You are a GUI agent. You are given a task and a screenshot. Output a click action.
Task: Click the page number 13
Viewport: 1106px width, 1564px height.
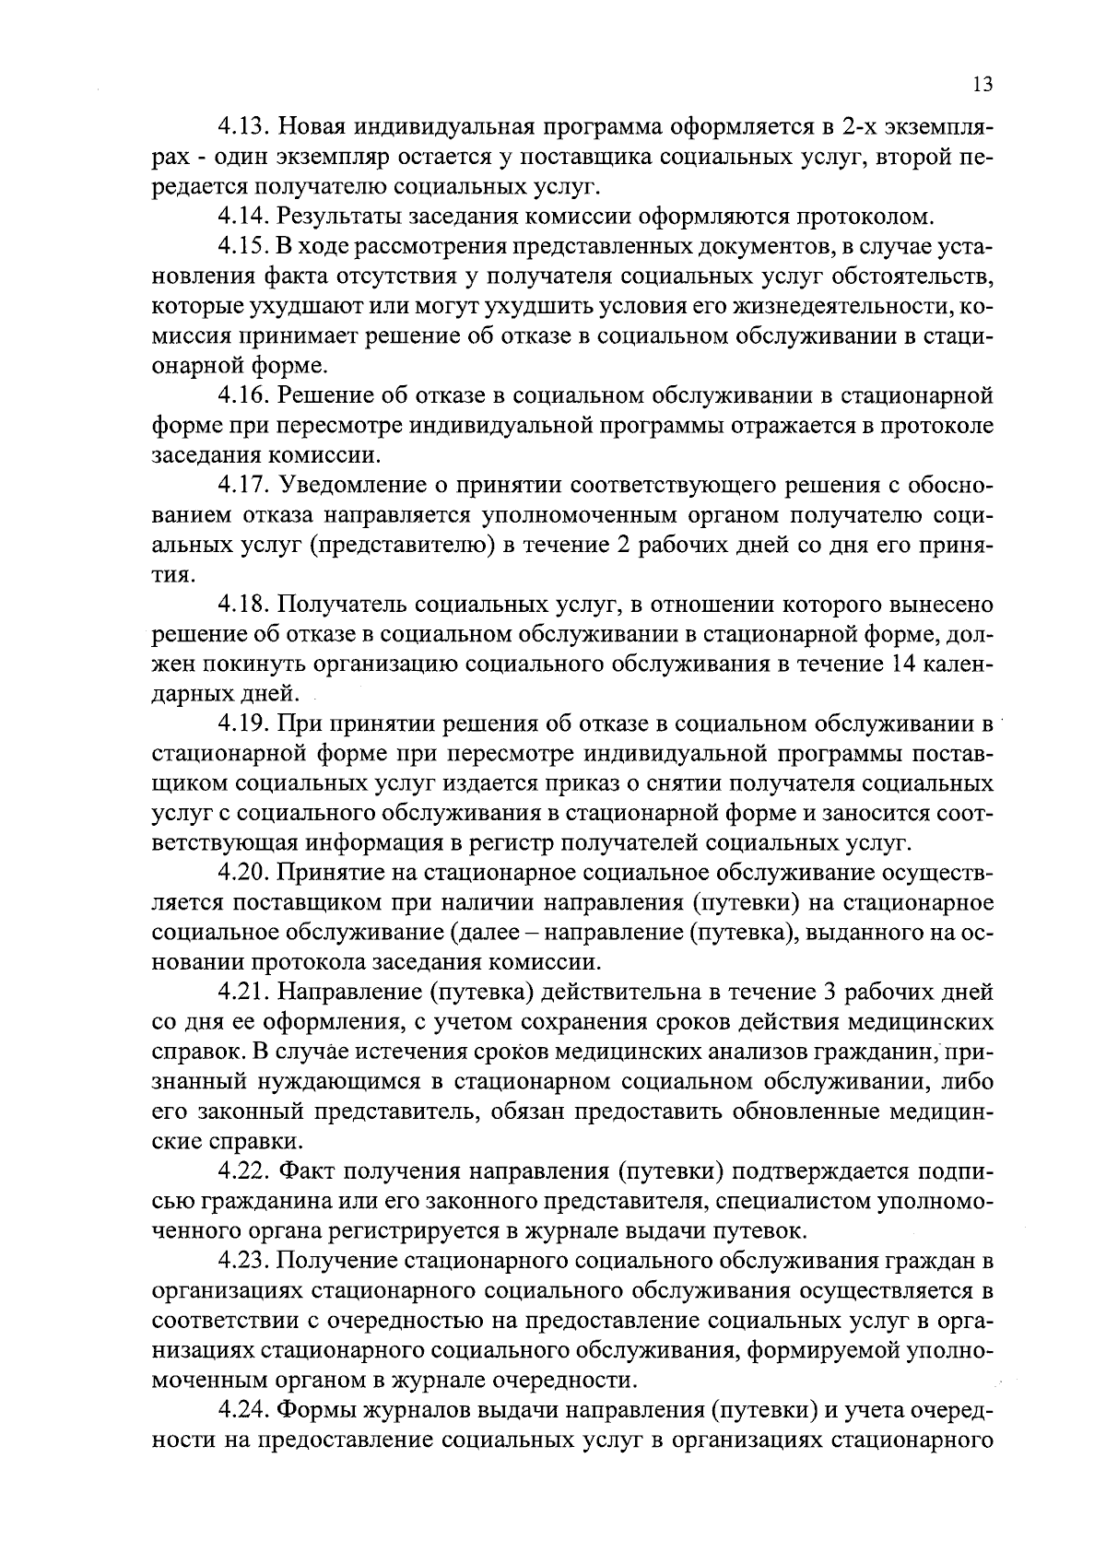982,86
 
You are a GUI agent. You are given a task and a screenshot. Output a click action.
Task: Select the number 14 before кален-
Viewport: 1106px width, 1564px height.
908,664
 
